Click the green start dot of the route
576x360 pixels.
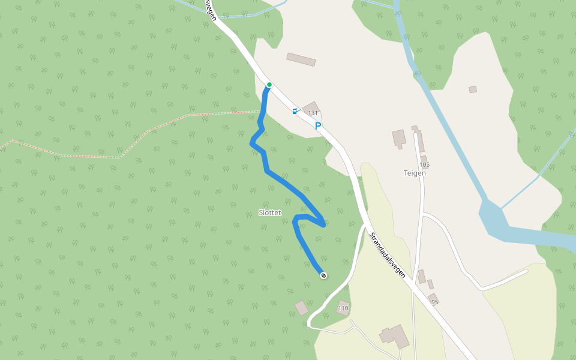point(269,85)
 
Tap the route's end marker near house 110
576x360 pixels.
point(323,275)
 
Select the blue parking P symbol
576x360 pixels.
point(318,126)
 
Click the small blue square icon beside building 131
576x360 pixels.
point(295,111)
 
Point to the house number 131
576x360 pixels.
point(313,113)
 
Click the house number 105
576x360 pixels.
point(425,165)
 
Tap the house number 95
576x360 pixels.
point(434,302)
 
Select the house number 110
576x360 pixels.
point(343,308)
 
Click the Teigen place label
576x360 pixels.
point(415,173)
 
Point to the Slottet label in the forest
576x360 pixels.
point(269,212)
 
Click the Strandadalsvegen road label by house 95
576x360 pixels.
point(388,255)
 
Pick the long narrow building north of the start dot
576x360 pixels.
point(301,59)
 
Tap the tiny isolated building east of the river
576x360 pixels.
point(473,89)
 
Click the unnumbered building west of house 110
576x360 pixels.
point(302,308)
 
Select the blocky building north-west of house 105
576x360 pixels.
point(399,138)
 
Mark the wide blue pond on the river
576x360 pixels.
point(493,215)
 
